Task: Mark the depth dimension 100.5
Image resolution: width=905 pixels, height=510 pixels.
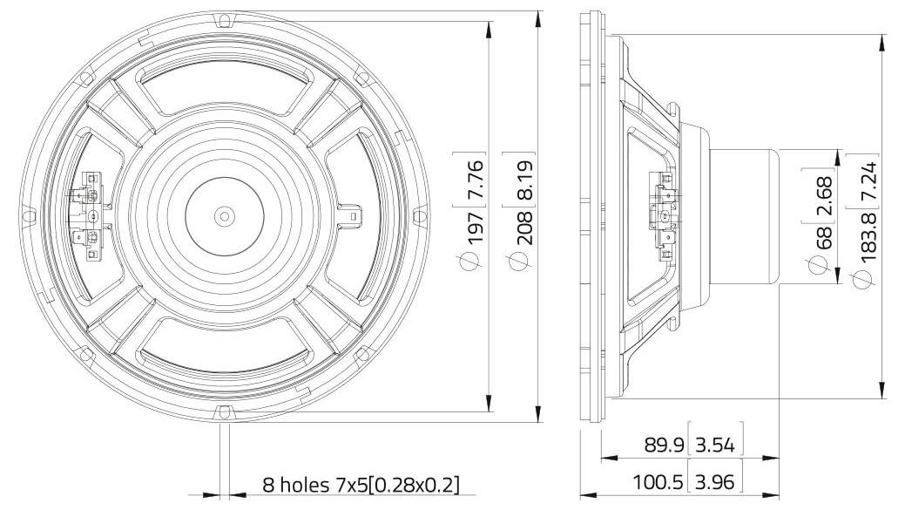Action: (x=658, y=480)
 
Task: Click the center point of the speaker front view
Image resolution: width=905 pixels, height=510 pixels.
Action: (x=225, y=214)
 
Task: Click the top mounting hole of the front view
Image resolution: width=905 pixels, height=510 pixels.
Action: (x=225, y=18)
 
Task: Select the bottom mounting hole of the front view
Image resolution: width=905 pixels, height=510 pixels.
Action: (x=225, y=411)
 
